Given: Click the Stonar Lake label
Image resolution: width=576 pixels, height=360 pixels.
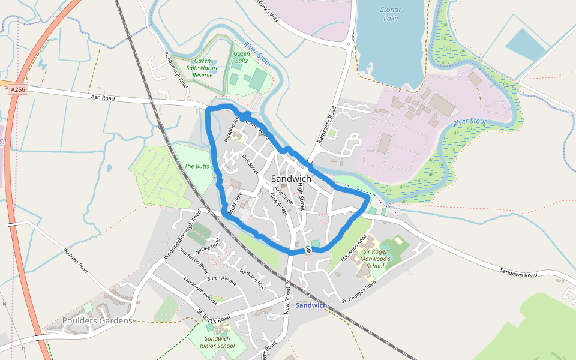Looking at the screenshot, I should click(391, 14).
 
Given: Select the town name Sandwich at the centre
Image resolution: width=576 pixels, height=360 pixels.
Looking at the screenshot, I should click(291, 179).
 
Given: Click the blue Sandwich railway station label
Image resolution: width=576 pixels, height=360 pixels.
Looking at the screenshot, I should click(311, 305).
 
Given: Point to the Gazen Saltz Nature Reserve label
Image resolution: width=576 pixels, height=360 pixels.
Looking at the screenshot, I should click(203, 68).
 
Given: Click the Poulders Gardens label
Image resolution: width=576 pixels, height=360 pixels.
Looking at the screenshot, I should click(97, 321).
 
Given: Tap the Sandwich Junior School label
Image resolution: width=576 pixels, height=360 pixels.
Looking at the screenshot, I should click(217, 343).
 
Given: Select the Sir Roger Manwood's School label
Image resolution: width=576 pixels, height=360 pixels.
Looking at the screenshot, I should click(376, 259).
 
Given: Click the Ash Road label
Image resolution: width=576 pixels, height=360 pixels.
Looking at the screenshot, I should click(103, 97).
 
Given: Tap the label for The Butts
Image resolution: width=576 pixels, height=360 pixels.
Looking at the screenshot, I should click(197, 166).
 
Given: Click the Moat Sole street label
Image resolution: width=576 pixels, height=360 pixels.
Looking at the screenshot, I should click(234, 203).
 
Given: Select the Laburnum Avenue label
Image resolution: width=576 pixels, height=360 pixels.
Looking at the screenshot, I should click(200, 290).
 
